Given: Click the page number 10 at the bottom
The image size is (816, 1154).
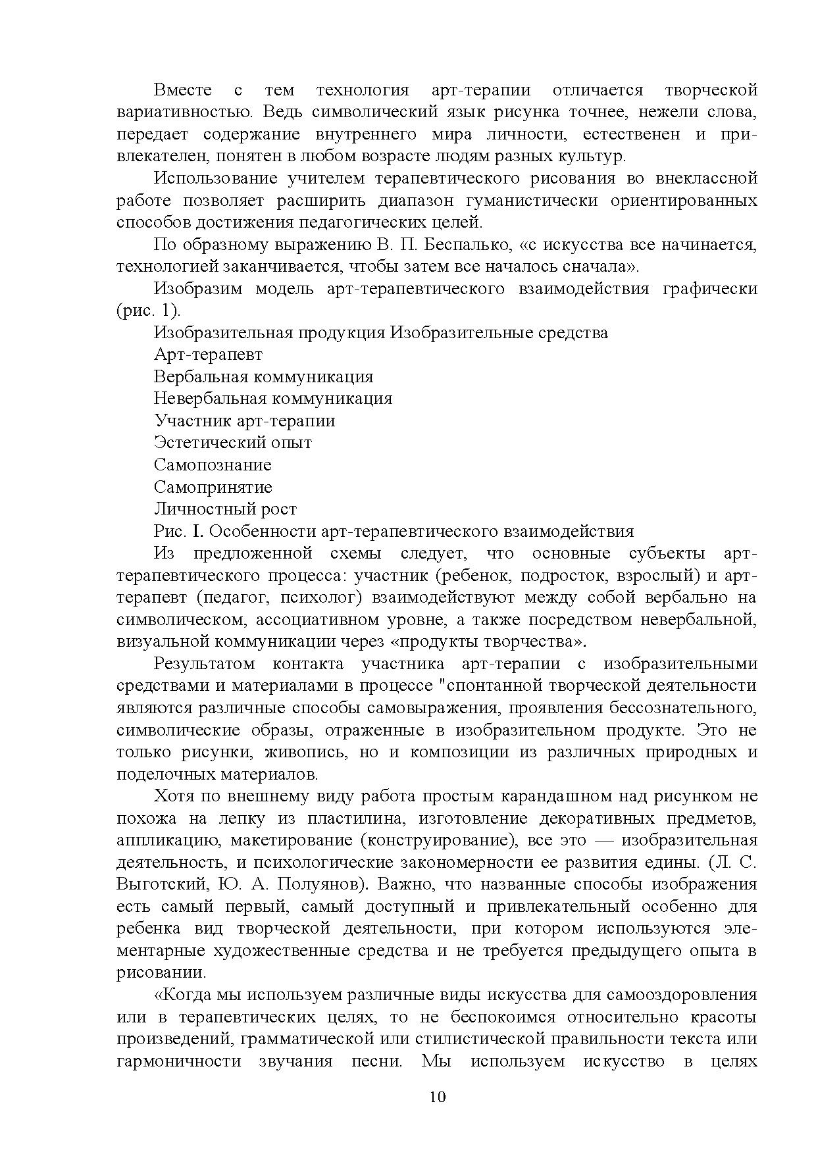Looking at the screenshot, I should tap(438, 1097).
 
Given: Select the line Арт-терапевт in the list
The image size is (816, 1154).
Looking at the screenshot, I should tap(208, 355).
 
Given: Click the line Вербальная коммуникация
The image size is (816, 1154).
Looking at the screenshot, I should tap(263, 377).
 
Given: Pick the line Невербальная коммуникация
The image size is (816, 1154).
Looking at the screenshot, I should tap(273, 399).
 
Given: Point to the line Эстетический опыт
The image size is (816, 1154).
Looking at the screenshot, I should tap(233, 443).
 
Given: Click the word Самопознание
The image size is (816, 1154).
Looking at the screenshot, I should tap(213, 465).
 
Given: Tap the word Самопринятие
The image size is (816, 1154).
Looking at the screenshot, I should tap(213, 488).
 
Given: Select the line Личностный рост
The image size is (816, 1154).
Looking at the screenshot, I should tap(225, 509).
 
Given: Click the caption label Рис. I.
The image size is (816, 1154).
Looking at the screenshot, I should tap(180, 532).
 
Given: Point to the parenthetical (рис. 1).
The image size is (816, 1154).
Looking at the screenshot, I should tap(148, 311).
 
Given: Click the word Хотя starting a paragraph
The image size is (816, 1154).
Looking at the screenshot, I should tap(174, 796).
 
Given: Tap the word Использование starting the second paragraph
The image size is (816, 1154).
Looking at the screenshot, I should tap(214, 178).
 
